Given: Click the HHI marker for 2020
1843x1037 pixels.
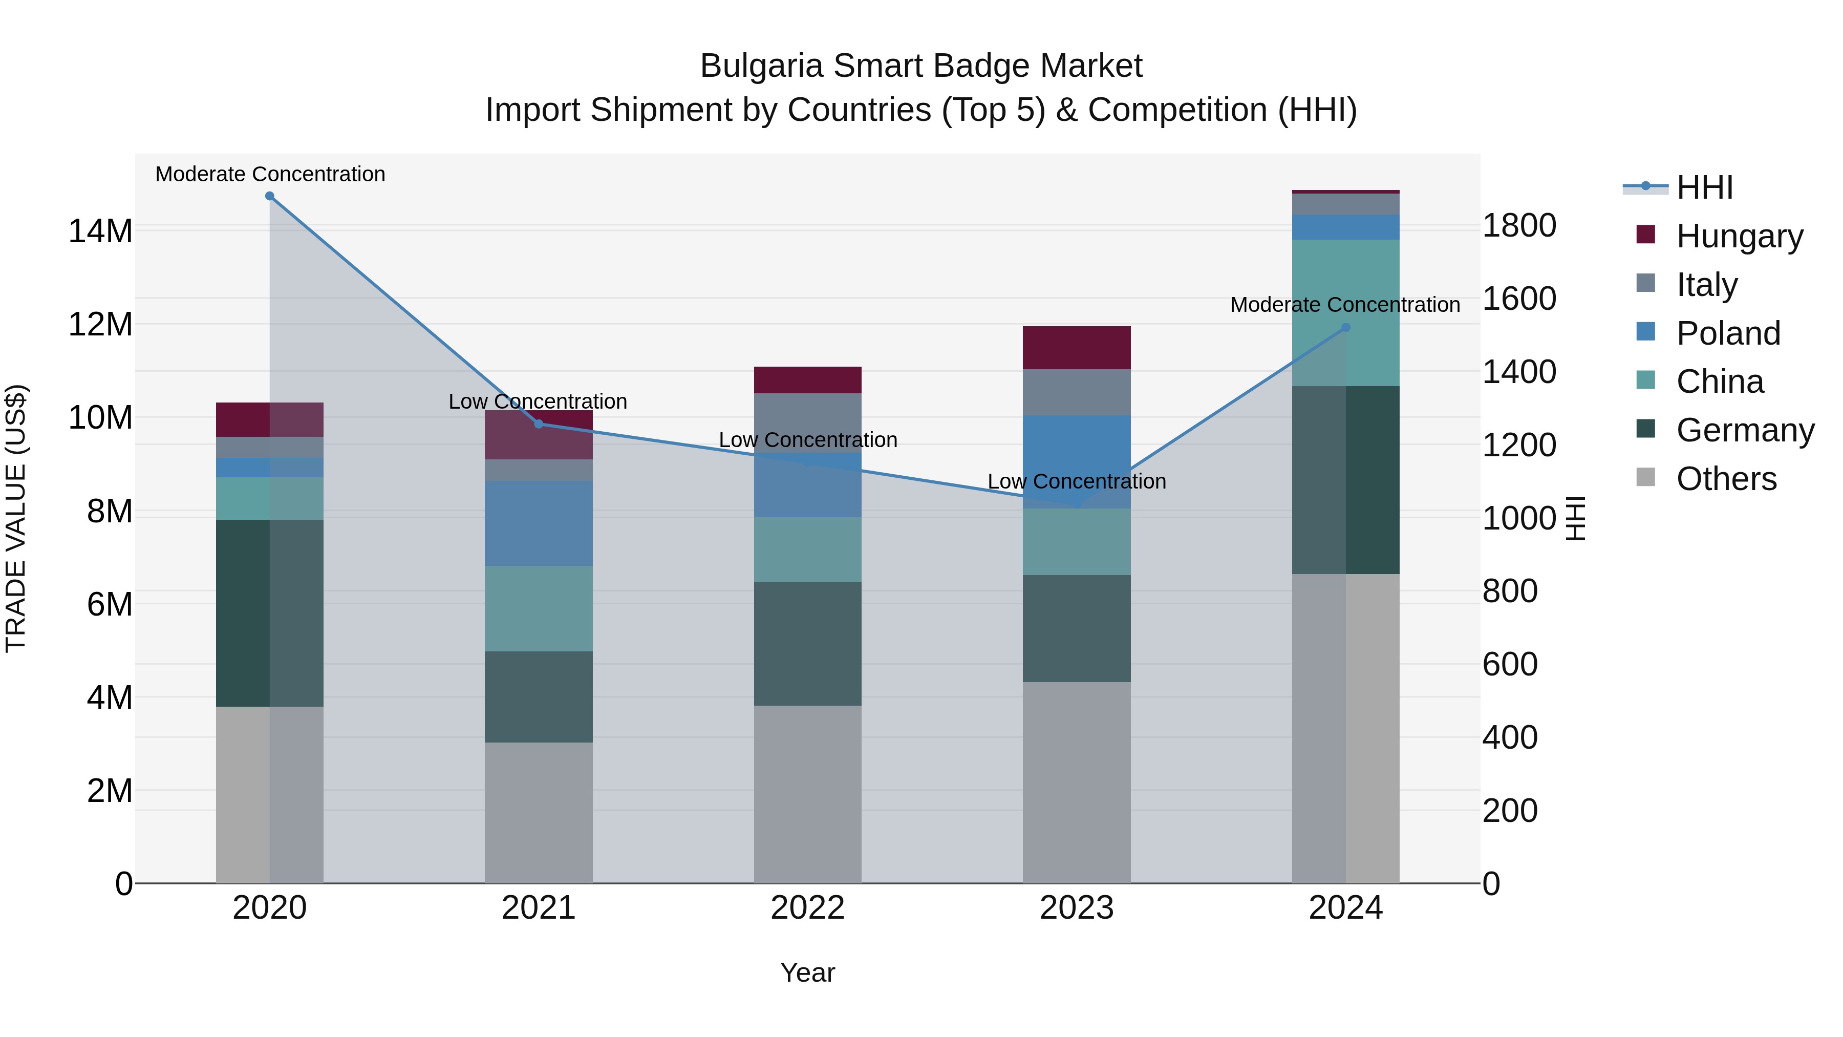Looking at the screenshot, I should click(x=270, y=196).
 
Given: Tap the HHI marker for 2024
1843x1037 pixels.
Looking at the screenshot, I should click(x=1346, y=328).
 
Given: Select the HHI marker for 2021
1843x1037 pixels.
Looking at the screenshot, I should click(x=539, y=424).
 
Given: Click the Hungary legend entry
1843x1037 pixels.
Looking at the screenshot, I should click(x=1739, y=236).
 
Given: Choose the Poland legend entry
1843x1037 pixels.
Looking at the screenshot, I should click(x=1728, y=333).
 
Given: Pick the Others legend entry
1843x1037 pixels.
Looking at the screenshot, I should click(x=1726, y=479).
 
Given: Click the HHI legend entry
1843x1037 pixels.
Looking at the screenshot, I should click(x=1703, y=187).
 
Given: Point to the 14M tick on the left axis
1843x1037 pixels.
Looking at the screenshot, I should click(x=100, y=231).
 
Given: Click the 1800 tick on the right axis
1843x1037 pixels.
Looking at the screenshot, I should click(x=1519, y=225).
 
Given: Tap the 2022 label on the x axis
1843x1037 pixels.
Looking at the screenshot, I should click(x=808, y=908).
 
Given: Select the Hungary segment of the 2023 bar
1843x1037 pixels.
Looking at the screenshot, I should click(x=1077, y=348).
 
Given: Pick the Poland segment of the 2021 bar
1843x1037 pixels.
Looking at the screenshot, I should click(x=539, y=523).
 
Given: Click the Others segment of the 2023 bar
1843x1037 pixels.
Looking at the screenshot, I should click(x=1077, y=782).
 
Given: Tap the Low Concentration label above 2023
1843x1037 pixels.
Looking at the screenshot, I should click(x=1077, y=482).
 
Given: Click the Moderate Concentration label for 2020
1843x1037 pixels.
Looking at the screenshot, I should click(x=270, y=175).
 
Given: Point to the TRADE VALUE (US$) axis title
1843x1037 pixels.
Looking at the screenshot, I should click(x=16, y=518).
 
